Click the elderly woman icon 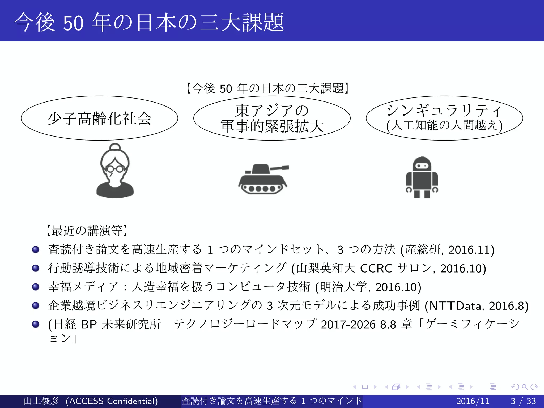point(115,171)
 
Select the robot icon point(422,177)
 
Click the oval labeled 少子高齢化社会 point(99,118)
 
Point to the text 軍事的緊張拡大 point(272,126)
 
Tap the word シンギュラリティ point(444,110)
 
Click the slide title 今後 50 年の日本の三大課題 point(149,22)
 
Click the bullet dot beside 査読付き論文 point(36,249)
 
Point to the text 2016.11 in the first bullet point(469,250)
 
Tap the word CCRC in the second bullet point(376,268)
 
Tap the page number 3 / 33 point(523,401)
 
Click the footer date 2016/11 point(473,401)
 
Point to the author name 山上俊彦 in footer point(41,401)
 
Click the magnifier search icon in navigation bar point(525,387)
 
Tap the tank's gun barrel point(279,168)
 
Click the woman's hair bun point(115,147)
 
